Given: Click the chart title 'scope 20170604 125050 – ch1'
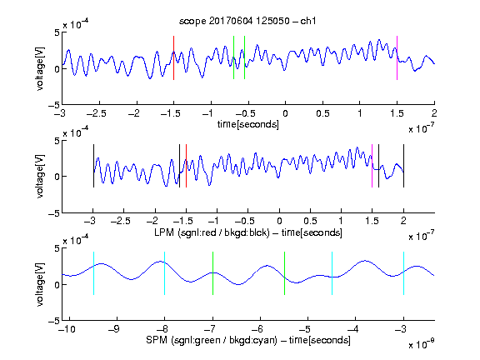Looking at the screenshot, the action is (x=247, y=21).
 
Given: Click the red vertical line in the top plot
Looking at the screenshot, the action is (x=173, y=57).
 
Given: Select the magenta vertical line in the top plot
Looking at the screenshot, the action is (x=397, y=57).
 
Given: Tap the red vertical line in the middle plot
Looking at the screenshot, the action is (x=186, y=166).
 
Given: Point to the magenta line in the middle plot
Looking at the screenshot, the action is (x=372, y=166).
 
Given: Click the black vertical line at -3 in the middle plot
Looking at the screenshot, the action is (x=93, y=166).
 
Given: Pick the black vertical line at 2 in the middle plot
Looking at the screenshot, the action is (x=403, y=166).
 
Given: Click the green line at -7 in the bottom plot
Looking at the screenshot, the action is (x=212, y=273).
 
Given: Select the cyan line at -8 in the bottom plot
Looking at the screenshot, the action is (x=164, y=273).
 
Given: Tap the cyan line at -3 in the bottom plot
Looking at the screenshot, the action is (x=403, y=273).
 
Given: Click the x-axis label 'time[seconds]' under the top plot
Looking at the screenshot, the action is (x=248, y=124).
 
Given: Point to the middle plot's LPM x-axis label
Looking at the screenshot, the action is (x=248, y=232).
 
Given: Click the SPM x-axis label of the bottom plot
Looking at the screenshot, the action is (x=248, y=340).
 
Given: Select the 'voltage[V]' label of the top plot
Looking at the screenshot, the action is (x=40, y=68).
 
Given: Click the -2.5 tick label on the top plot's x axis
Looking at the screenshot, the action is (x=97, y=113).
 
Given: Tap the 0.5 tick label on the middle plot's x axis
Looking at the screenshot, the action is (x=310, y=221).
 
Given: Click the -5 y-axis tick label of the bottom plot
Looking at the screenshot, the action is (x=54, y=321).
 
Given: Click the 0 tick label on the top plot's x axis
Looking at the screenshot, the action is (x=285, y=113).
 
